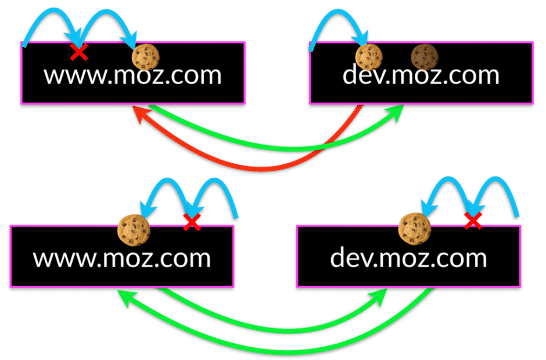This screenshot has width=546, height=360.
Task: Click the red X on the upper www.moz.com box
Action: tap(79, 52)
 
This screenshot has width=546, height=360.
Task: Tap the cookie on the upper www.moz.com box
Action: tap(146, 57)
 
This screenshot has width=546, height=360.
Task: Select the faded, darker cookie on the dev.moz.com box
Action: tap(425, 57)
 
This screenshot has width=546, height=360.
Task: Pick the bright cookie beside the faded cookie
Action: tap(369, 57)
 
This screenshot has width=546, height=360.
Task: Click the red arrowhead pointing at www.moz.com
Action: tap(141, 115)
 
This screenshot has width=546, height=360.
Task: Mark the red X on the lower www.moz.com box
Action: tap(192, 222)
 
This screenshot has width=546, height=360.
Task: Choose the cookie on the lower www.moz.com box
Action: tap(134, 230)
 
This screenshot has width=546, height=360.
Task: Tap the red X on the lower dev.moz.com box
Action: tap(473, 221)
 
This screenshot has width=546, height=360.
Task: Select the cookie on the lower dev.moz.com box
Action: tap(415, 229)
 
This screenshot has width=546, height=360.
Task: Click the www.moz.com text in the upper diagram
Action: tap(132, 75)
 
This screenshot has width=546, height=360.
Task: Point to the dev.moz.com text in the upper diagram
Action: tap(421, 74)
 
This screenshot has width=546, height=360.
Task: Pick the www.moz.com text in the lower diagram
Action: tap(122, 258)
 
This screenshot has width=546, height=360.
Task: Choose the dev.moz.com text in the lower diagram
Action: tap(408, 257)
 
